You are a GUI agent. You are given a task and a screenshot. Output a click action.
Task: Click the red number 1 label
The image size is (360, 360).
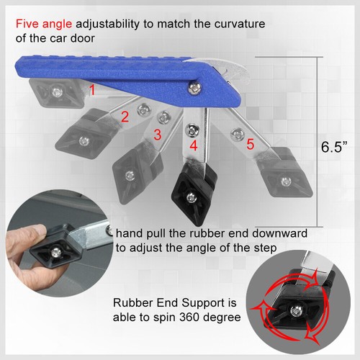pos(91,90)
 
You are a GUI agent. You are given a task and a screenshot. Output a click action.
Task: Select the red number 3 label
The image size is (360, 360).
pos(157,135)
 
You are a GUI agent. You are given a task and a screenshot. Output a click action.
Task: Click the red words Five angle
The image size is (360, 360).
pos(35,24)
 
